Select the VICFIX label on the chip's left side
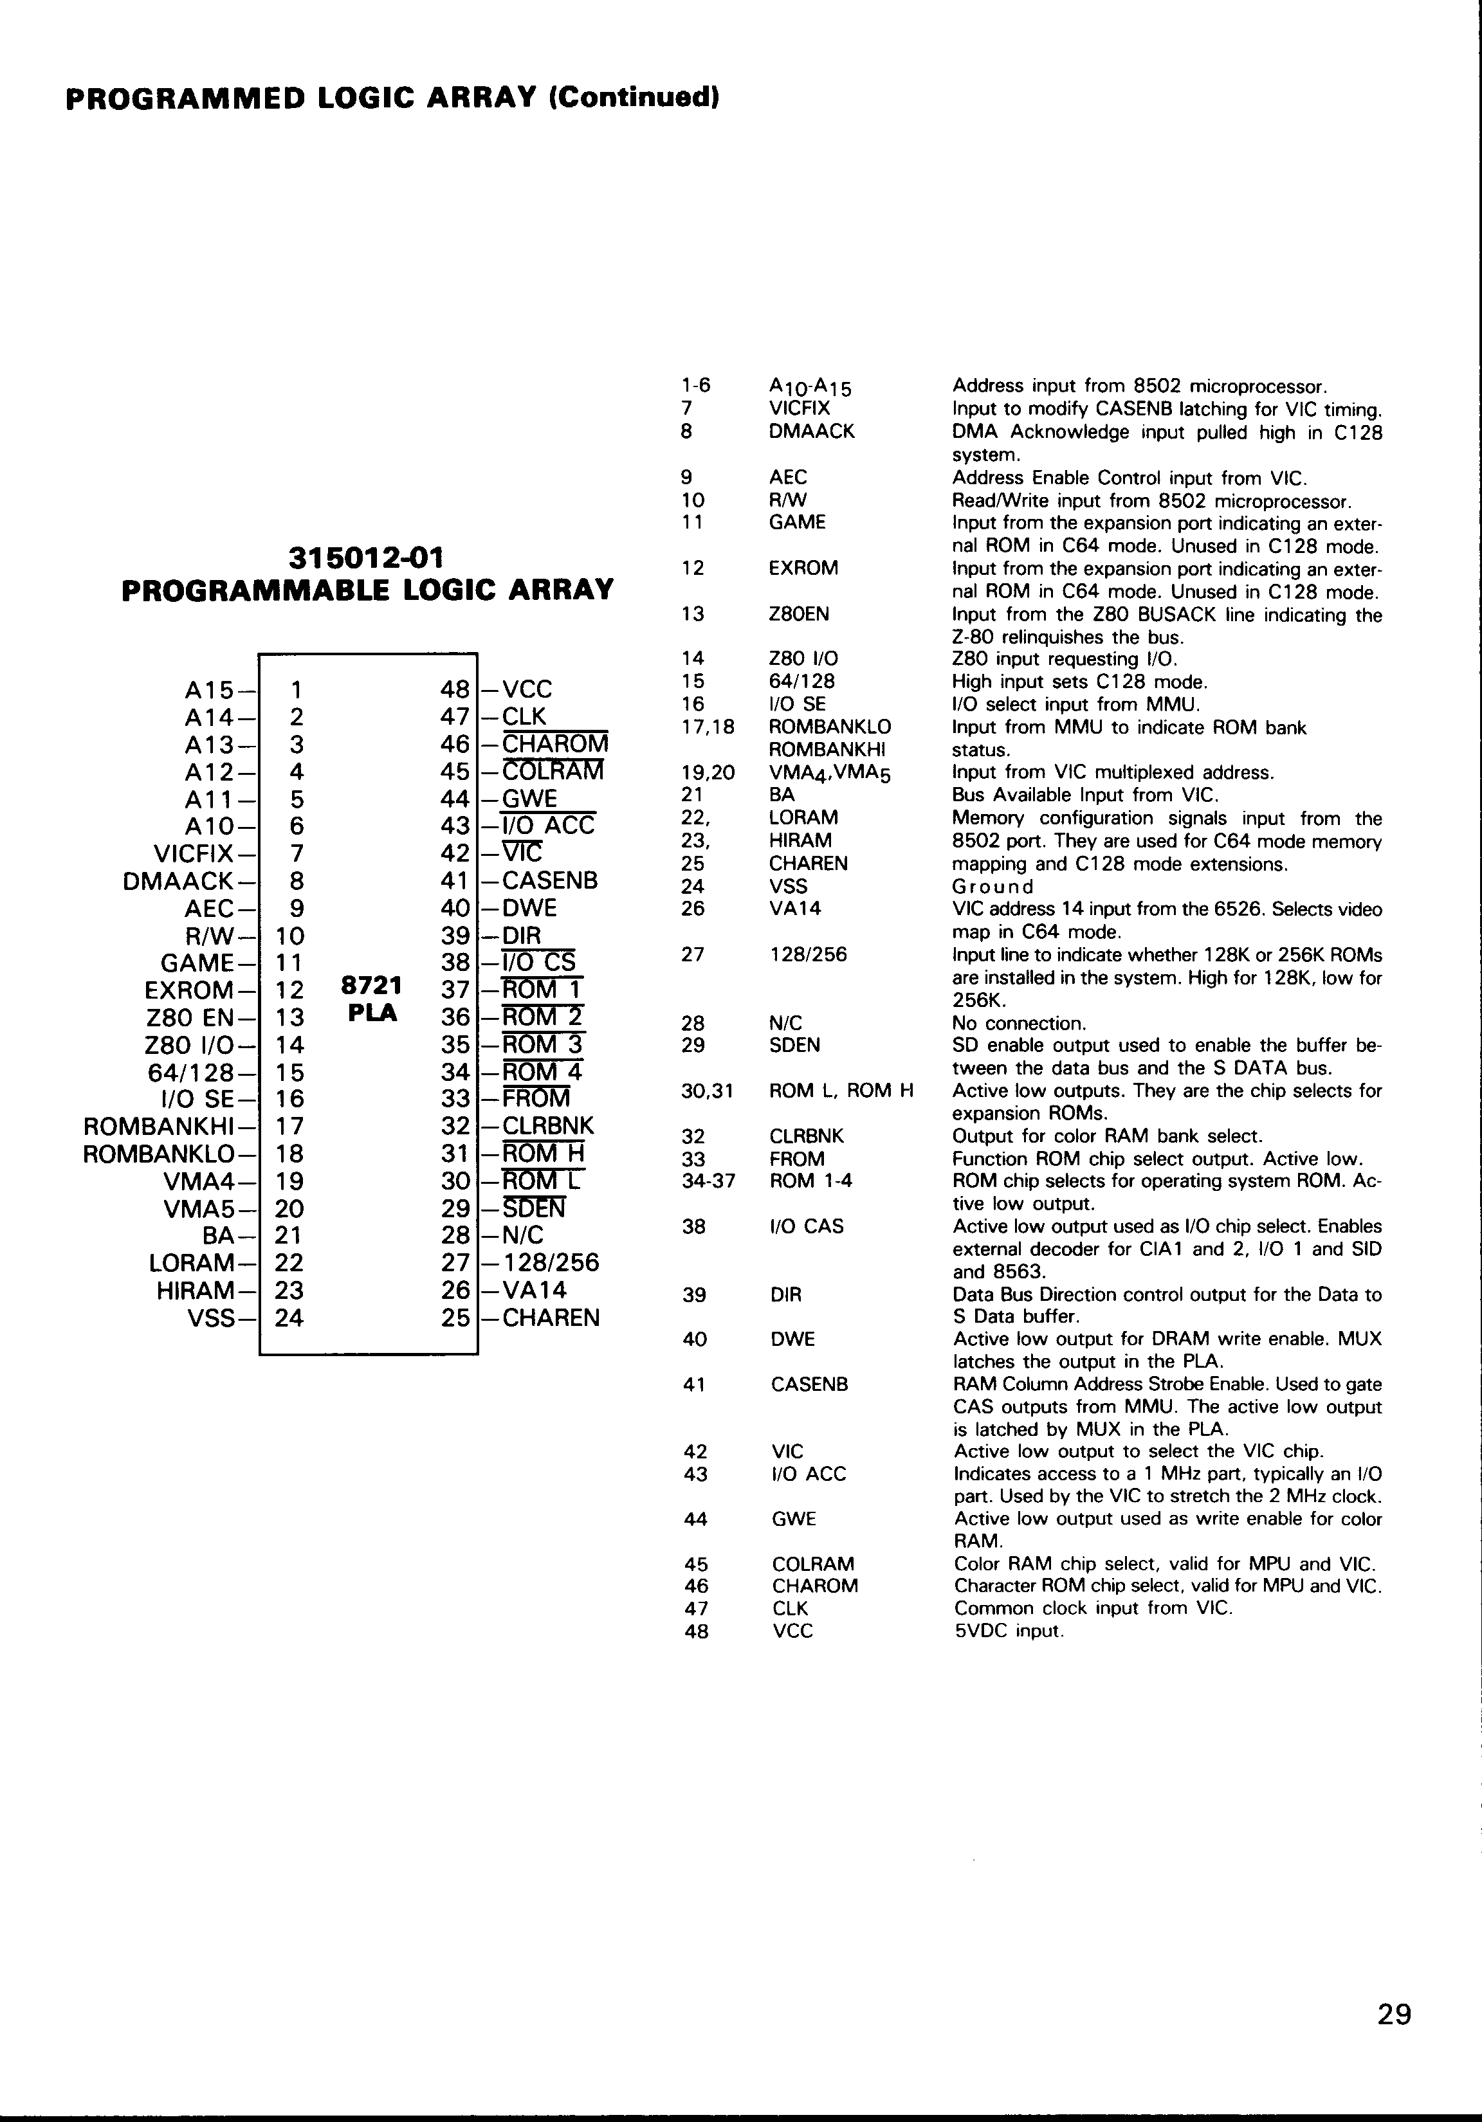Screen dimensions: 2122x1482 click(x=193, y=853)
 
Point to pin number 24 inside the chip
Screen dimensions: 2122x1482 click(x=289, y=1318)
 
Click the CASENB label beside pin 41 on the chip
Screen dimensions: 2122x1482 click(x=550, y=881)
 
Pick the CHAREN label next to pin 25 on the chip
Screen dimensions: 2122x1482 click(x=551, y=1318)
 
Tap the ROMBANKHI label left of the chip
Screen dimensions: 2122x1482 click(x=160, y=1127)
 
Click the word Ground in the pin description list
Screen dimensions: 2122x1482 click(x=993, y=887)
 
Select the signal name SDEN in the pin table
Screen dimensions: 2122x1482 click(x=794, y=1046)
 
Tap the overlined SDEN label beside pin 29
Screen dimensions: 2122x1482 click(x=535, y=1209)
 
